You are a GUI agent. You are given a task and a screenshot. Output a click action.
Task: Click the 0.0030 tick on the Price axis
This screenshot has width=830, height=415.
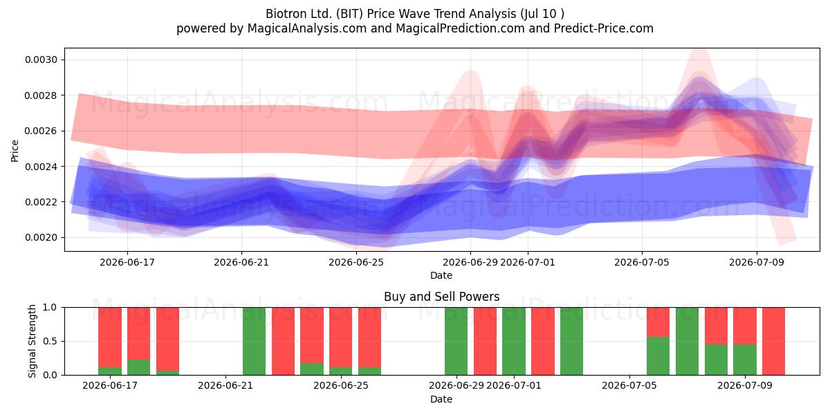tap(41, 59)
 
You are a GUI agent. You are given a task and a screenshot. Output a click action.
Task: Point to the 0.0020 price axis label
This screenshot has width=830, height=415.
tap(41, 237)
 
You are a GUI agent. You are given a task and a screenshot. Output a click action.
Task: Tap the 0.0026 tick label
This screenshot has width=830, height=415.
tap(41, 131)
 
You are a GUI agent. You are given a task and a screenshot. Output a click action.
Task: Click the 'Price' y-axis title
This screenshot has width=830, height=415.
tap(15, 151)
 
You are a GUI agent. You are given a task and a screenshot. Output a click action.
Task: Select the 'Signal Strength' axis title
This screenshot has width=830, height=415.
tap(33, 341)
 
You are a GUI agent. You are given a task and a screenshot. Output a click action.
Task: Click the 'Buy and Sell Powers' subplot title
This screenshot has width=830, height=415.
tap(442, 297)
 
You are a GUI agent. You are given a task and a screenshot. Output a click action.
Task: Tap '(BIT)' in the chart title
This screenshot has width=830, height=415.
tap(351, 14)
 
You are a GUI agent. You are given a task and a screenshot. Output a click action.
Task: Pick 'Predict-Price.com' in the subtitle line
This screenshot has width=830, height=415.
tap(604, 28)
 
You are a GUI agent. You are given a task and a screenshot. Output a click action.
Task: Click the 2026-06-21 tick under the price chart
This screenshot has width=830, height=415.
tap(241, 262)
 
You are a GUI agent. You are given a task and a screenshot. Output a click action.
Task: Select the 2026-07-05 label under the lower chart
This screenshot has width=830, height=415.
tap(629, 385)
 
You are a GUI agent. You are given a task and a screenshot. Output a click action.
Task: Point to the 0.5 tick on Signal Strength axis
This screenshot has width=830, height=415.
tap(50, 341)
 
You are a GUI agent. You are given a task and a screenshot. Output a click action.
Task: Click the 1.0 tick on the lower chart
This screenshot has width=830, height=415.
tap(50, 307)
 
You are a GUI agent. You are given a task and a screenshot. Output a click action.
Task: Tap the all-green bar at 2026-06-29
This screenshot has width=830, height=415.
tap(456, 341)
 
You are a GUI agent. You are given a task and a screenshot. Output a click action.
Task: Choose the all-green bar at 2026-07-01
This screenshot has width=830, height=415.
tap(514, 341)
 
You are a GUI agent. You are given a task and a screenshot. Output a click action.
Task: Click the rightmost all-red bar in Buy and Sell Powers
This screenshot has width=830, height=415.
tap(773, 341)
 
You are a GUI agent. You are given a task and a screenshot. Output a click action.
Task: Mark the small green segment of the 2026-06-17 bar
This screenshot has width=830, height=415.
tap(110, 371)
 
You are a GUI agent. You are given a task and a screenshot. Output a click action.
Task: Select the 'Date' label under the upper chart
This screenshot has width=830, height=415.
tap(441, 275)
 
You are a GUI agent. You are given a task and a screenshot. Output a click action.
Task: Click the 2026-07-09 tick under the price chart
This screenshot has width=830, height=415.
tap(757, 262)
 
